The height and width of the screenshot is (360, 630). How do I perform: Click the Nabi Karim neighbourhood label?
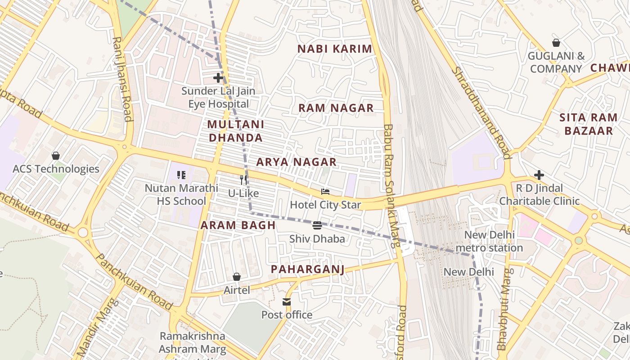click(335, 49)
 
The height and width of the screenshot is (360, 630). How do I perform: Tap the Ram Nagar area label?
click(336, 108)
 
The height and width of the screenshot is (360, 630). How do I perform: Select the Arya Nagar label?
click(297, 162)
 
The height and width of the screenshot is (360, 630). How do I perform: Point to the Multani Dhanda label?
click(236, 131)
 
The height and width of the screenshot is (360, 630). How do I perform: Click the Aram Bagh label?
click(238, 225)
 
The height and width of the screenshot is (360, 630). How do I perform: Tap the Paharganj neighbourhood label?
click(308, 270)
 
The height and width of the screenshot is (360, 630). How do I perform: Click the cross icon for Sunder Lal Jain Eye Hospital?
click(218, 78)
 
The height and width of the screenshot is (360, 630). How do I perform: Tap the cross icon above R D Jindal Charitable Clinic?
click(539, 175)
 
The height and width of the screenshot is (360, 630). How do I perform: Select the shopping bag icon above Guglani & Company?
click(556, 43)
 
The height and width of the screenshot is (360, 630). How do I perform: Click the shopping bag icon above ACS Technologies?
click(56, 156)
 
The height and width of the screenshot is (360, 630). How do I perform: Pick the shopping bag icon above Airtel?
click(237, 277)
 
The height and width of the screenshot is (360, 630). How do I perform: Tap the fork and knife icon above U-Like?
click(243, 180)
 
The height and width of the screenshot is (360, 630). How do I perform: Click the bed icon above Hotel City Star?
click(325, 192)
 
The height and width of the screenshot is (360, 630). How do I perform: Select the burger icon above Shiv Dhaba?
click(317, 225)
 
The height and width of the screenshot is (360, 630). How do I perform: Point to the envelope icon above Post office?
click(287, 301)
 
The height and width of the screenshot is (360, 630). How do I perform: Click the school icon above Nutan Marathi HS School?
click(181, 175)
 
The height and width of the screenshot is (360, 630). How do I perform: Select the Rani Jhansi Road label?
click(122, 79)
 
